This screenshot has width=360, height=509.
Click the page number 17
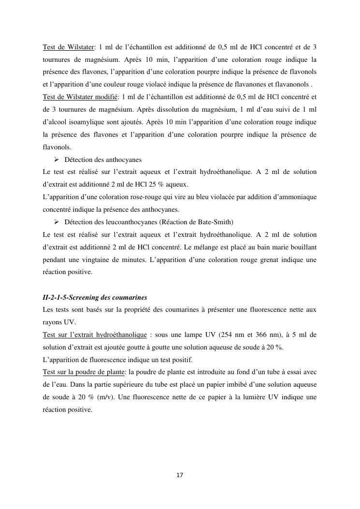pyautogui.click(x=180, y=476)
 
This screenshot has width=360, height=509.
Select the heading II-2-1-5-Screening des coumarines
pyautogui.click(x=95, y=297)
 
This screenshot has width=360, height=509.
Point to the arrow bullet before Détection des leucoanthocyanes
pyautogui.click(x=57, y=222)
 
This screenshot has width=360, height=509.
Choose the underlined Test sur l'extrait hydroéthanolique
pyautogui.click(x=95, y=334)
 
